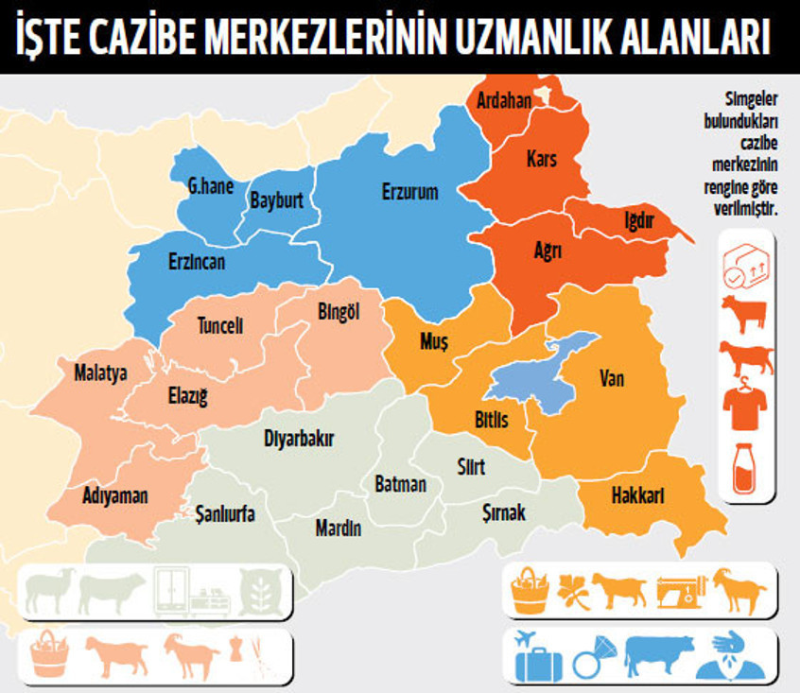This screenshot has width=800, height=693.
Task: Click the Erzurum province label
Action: click(x=409, y=192)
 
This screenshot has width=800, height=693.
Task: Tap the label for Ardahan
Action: click(x=504, y=100)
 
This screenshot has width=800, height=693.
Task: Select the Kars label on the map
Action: click(x=542, y=159)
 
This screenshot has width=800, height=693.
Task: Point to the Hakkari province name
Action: click(x=638, y=495)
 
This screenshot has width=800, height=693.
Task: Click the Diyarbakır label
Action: click(x=299, y=439)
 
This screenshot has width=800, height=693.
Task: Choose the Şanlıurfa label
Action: click(x=225, y=513)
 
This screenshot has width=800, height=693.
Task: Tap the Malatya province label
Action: click(x=100, y=372)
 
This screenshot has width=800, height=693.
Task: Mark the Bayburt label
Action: click(x=276, y=200)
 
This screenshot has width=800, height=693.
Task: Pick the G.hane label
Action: click(x=210, y=186)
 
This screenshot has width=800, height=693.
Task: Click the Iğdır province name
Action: click(x=638, y=219)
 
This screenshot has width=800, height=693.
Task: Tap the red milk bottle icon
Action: click(x=745, y=468)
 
